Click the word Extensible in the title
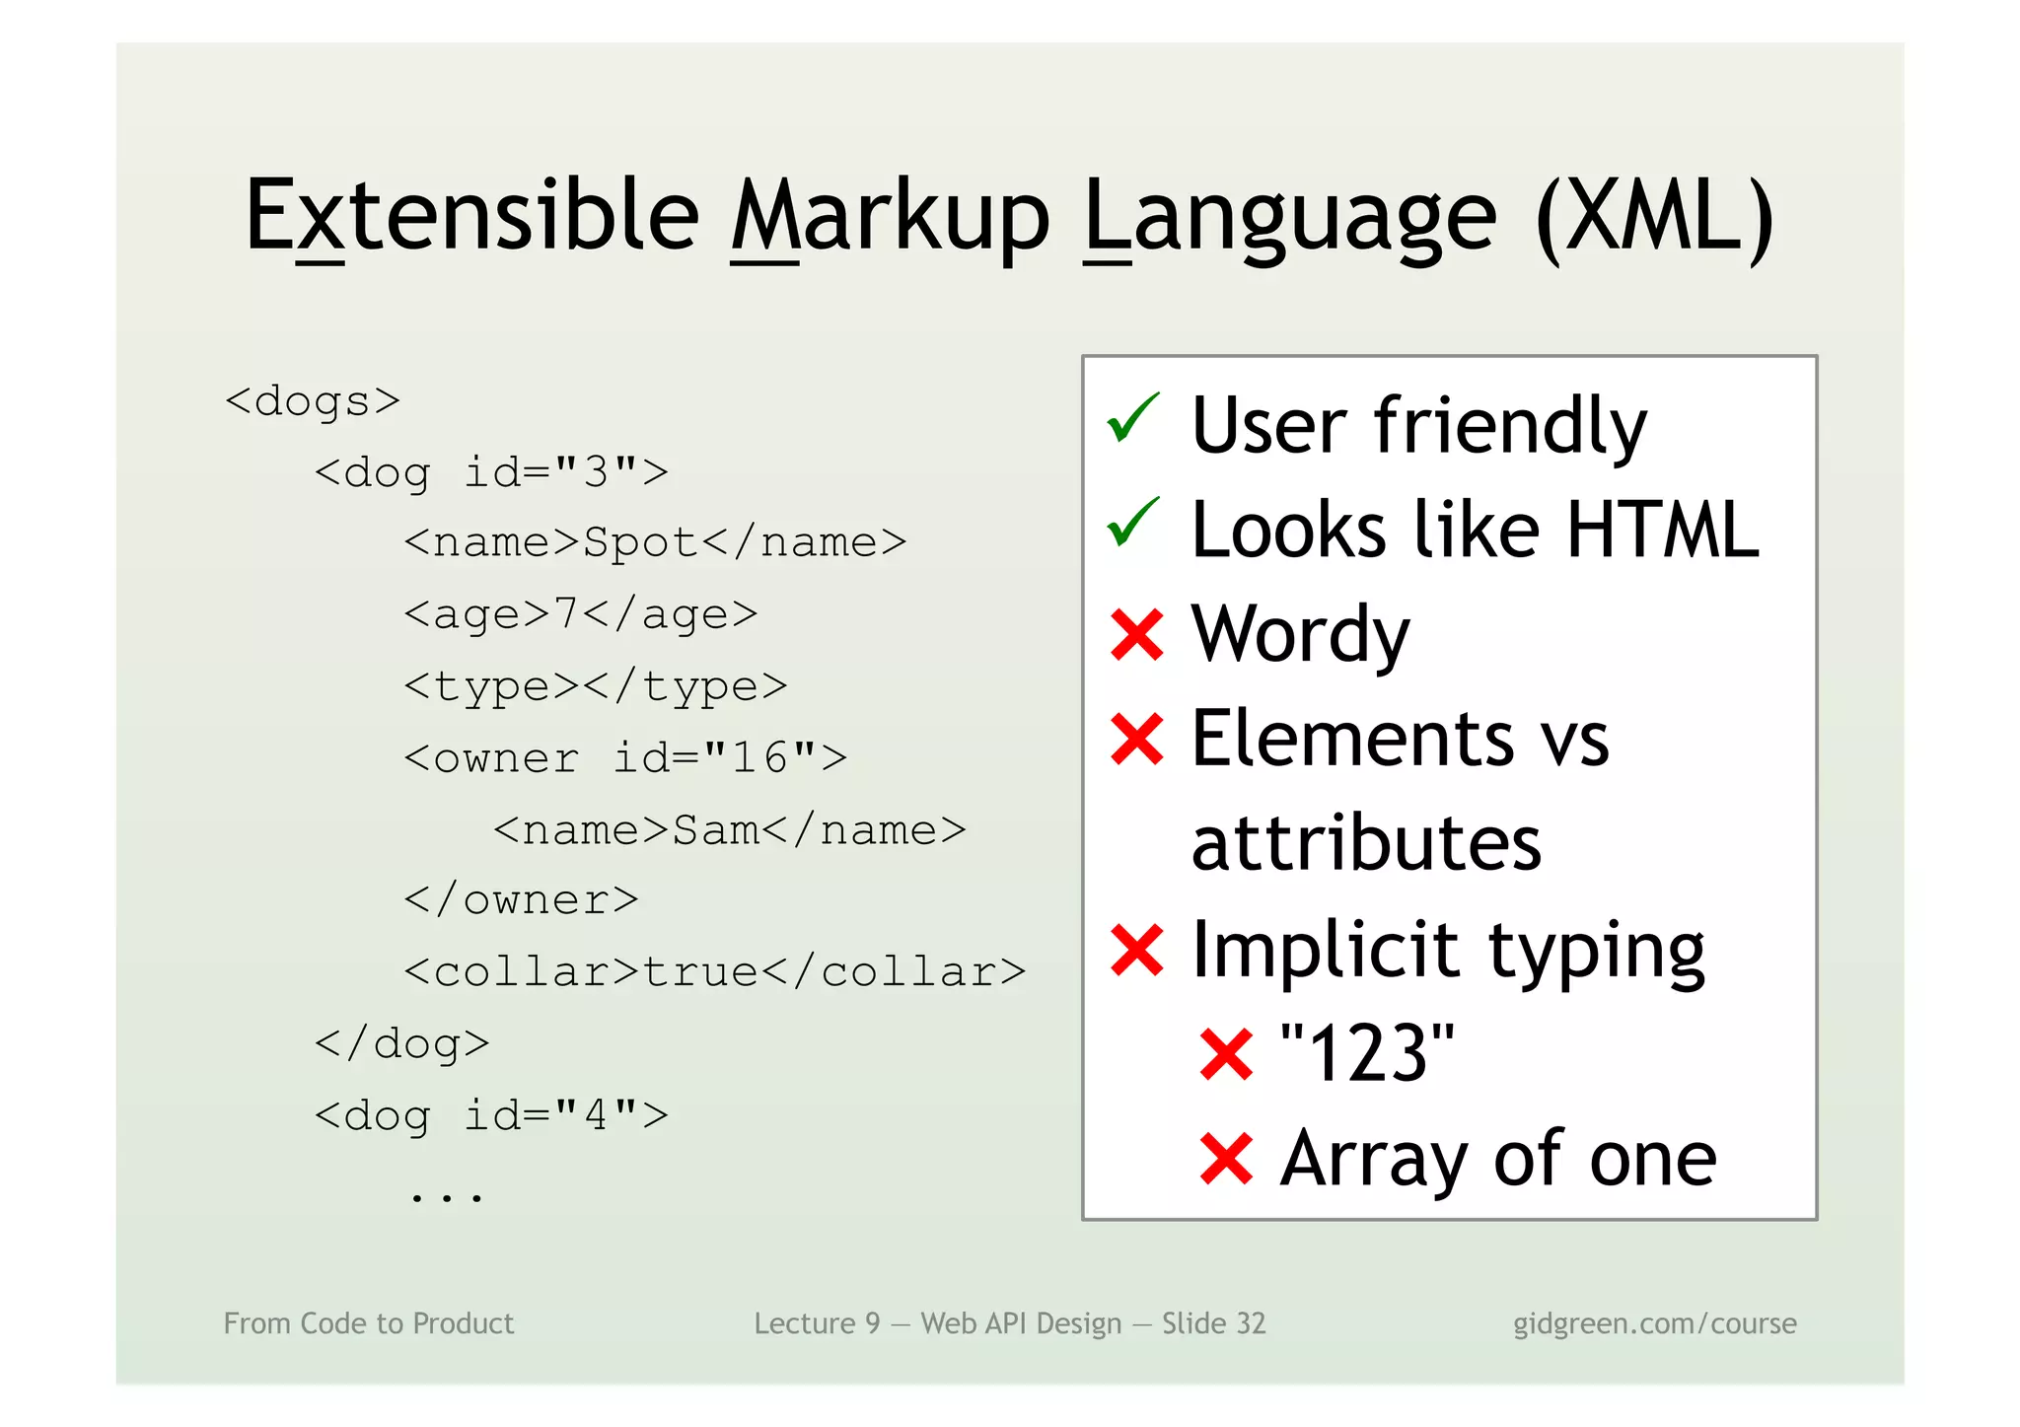click(471, 216)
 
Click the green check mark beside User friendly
click(1133, 420)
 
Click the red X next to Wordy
click(1137, 634)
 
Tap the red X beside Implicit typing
click(1137, 950)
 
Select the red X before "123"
click(1226, 1054)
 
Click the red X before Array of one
click(1226, 1159)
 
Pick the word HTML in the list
click(1662, 531)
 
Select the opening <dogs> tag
click(313, 401)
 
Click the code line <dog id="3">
click(490, 472)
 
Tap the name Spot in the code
click(640, 543)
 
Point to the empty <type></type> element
click(595, 686)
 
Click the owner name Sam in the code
click(716, 830)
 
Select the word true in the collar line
click(700, 972)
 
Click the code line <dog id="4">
click(490, 1116)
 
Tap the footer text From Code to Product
click(369, 1323)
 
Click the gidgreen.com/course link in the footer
click(1654, 1323)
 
